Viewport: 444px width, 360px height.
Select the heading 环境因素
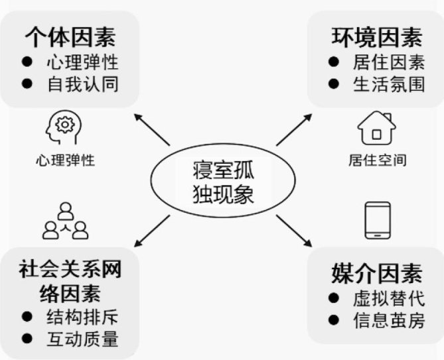377,37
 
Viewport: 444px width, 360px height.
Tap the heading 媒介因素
376,272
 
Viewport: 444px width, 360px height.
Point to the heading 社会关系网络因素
70,281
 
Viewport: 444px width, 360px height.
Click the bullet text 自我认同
82,84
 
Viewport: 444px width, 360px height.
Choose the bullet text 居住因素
388,63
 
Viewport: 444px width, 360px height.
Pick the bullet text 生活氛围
388,85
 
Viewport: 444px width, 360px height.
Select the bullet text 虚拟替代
388,298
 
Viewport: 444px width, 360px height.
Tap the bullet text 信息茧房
388,321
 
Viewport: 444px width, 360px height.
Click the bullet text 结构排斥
82,316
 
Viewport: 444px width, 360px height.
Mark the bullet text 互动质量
82,339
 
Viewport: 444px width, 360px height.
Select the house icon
376,127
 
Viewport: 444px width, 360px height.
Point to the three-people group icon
65,221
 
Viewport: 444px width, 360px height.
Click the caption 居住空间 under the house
377,160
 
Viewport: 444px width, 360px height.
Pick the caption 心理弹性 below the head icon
66,160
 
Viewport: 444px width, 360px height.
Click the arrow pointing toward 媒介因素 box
294,231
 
